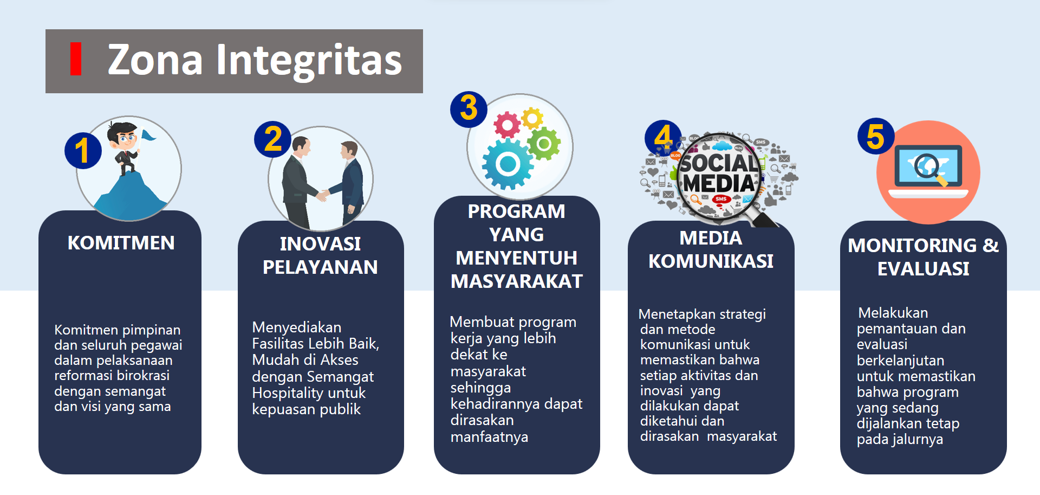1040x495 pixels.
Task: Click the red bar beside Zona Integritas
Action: coord(76,59)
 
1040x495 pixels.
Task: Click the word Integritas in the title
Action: coord(309,61)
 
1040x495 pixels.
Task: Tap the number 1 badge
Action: coord(83,150)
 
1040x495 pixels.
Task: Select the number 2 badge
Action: coord(273,139)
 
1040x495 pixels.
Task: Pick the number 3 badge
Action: coord(469,109)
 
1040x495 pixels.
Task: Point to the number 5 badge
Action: coord(876,136)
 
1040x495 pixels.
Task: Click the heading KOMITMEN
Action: coord(121,243)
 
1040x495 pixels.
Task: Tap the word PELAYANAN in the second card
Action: coord(320,267)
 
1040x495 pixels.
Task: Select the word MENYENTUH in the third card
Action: coord(516,258)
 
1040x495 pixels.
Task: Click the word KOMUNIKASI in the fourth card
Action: coord(711,261)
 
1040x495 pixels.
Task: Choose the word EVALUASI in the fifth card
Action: coord(923,269)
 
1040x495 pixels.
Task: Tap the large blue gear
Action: coord(508,164)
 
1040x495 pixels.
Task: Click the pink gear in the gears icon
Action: coord(507,125)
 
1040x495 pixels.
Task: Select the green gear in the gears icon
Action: coord(544,144)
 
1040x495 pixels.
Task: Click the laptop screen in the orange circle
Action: coord(928,166)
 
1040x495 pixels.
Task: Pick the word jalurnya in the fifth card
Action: coord(916,440)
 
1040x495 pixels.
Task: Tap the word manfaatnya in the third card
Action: coord(489,437)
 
